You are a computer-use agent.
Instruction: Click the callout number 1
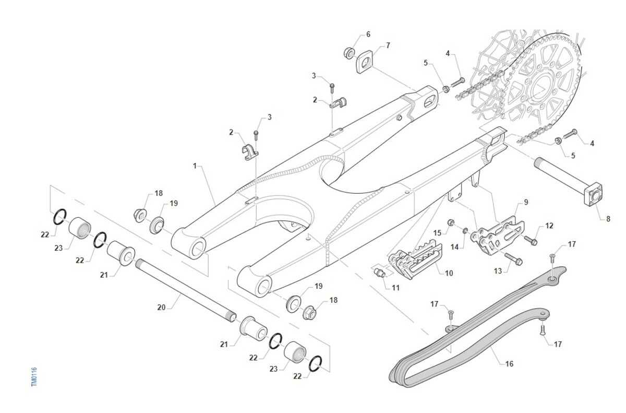click(x=195, y=166)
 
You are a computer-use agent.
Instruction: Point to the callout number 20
click(x=161, y=308)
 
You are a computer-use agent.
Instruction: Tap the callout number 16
click(x=509, y=363)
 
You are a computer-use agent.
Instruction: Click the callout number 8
click(x=608, y=219)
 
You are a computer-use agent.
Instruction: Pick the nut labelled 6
click(x=350, y=53)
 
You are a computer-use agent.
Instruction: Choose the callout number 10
click(x=449, y=273)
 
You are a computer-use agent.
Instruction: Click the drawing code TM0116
click(x=34, y=376)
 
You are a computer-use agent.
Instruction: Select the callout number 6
click(x=368, y=34)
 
